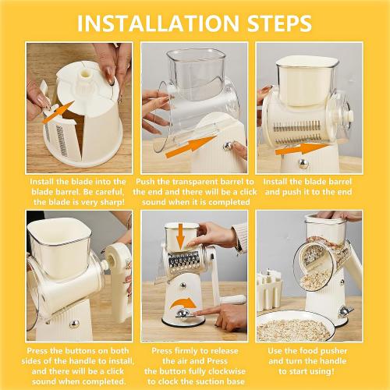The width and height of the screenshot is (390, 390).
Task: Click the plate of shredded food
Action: coord(294,328)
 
